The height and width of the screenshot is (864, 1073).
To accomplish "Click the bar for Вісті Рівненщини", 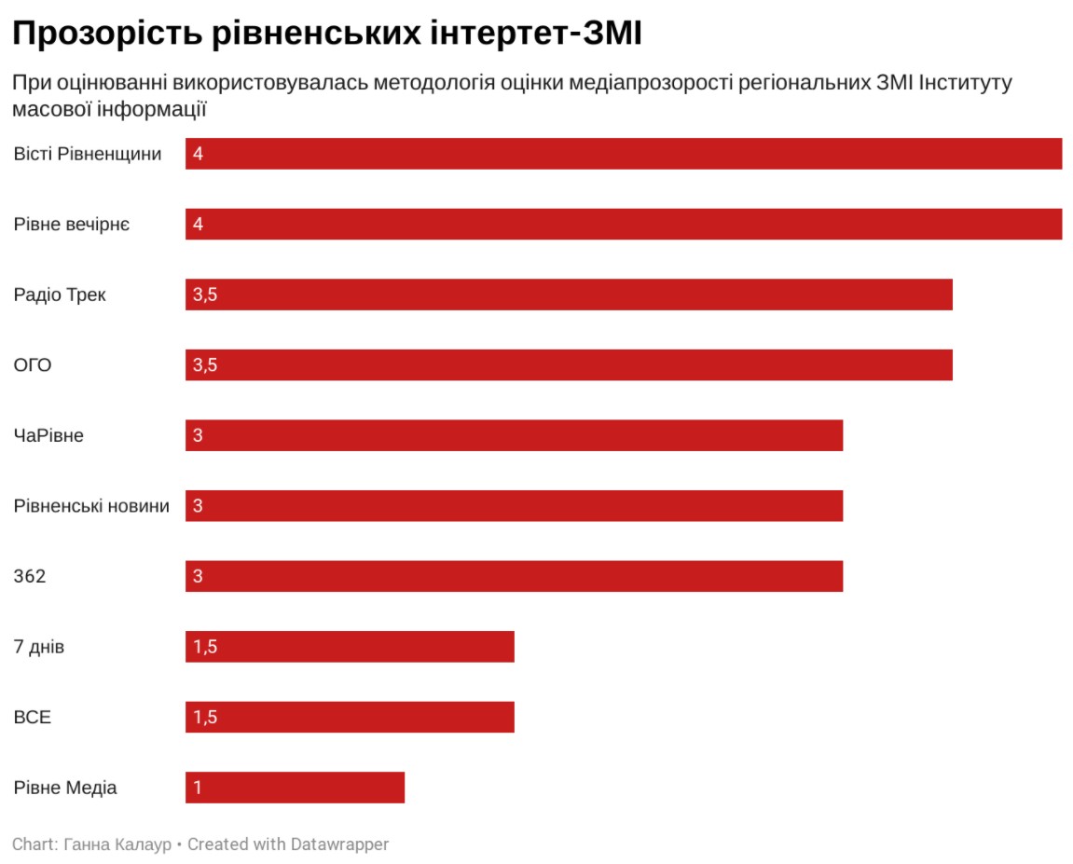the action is pos(624,153).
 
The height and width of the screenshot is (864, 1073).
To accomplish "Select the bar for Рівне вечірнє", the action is pos(624,224).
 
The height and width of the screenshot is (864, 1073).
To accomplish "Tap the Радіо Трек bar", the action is pos(569,295).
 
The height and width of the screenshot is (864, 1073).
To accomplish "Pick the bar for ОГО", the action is pos(569,364).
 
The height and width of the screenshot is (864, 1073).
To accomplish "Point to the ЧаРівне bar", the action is pos(514,435).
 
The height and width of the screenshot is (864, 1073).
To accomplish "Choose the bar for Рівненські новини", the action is pos(514,505).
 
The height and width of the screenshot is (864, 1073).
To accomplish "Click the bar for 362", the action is pos(514,576).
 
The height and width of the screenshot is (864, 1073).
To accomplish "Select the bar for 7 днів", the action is pos(350,647).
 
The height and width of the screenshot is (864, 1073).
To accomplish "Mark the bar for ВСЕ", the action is pos(350,717).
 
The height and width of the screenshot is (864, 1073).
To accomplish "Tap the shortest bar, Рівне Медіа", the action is pos(295,788).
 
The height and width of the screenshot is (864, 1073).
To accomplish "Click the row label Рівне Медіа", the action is pos(65,788).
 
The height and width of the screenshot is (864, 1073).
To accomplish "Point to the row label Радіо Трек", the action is pos(60,295).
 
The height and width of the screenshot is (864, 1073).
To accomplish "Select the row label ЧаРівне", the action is pos(48,435).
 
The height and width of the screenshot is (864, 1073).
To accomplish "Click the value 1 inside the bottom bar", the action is pos(198,788).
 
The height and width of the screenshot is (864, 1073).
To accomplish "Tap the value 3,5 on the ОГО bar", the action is pos(205,364).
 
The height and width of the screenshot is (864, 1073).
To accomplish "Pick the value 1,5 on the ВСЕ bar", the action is pos(205,717).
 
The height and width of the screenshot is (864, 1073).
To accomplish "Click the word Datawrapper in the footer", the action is pos(339,844).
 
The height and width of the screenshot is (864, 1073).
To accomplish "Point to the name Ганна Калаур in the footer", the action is pos(117,844).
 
